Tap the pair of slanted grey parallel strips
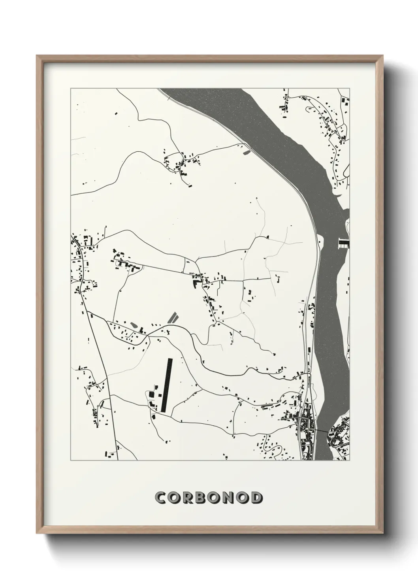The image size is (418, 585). [173, 317]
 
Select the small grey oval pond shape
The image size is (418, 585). [134, 325]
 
